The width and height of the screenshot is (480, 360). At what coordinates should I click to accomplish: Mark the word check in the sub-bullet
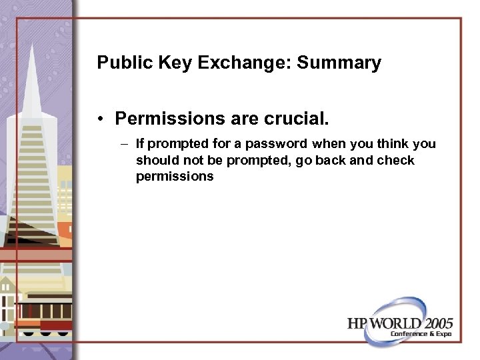click(395, 161)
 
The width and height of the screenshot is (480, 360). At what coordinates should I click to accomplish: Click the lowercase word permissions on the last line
click(175, 177)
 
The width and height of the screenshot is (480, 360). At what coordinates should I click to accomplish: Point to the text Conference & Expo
click(422, 334)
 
